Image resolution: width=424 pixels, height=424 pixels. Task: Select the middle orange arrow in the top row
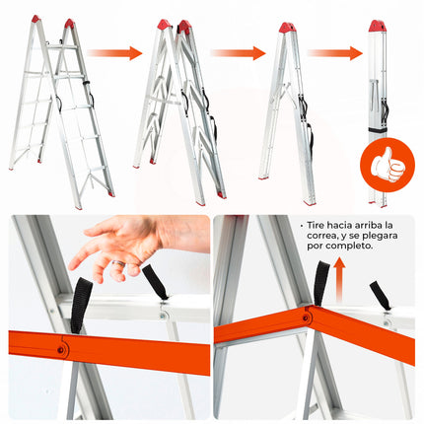click(238, 53)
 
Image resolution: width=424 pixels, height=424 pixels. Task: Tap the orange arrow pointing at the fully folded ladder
click(333, 53)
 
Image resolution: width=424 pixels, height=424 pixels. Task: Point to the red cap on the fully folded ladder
click(378, 26)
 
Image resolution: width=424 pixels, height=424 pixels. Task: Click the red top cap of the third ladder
click(287, 28)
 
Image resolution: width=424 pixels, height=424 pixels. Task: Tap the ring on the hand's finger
click(116, 265)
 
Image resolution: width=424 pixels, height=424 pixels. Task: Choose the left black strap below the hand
click(81, 305)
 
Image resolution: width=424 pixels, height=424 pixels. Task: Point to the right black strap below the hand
click(156, 283)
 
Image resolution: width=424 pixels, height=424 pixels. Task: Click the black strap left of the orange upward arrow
click(319, 285)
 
